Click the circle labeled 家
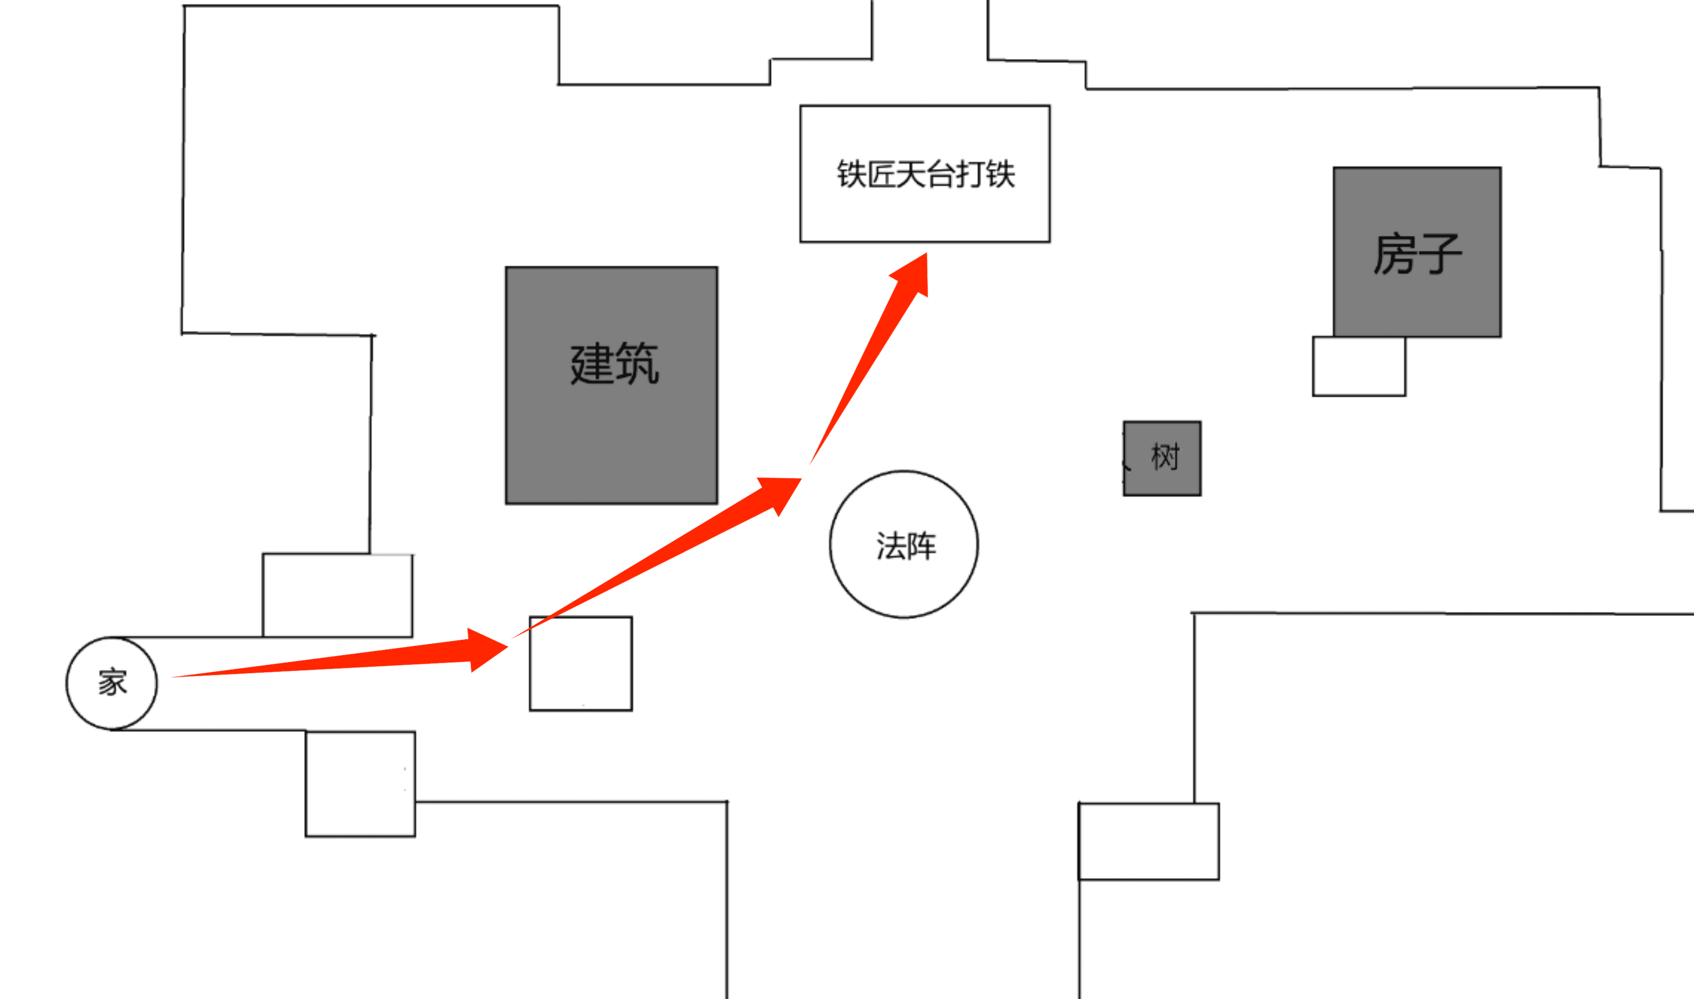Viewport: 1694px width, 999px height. pos(112,683)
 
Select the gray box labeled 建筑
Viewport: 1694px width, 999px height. pos(612,385)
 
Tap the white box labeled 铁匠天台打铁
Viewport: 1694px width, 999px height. pos(925,174)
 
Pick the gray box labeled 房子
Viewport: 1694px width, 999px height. pos(1417,252)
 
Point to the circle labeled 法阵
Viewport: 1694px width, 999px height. pos(904,544)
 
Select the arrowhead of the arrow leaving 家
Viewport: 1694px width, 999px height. pos(486,649)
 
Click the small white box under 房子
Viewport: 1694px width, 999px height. pos(1359,366)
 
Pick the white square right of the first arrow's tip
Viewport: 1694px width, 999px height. pos(580,663)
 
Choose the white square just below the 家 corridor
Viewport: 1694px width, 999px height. pos(360,784)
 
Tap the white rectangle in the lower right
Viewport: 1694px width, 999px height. pos(1149,842)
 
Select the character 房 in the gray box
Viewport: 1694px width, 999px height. pos(1394,254)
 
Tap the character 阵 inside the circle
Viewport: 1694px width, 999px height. pos(921,546)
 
